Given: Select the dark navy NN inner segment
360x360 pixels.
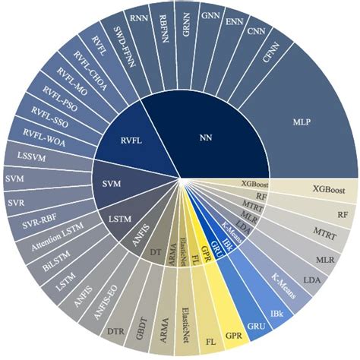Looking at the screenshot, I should point(205,137).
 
